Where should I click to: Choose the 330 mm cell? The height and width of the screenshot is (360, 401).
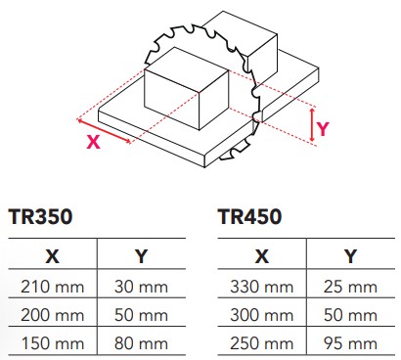click(x=259, y=288)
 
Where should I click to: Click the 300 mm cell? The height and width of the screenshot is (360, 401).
click(x=259, y=316)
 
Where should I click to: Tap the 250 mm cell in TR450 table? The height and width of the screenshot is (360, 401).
click(x=259, y=343)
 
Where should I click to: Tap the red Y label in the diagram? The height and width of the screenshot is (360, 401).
click(x=324, y=126)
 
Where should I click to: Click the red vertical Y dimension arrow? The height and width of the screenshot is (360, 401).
click(x=311, y=125)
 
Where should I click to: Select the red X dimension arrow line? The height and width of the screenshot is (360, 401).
click(x=104, y=131)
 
